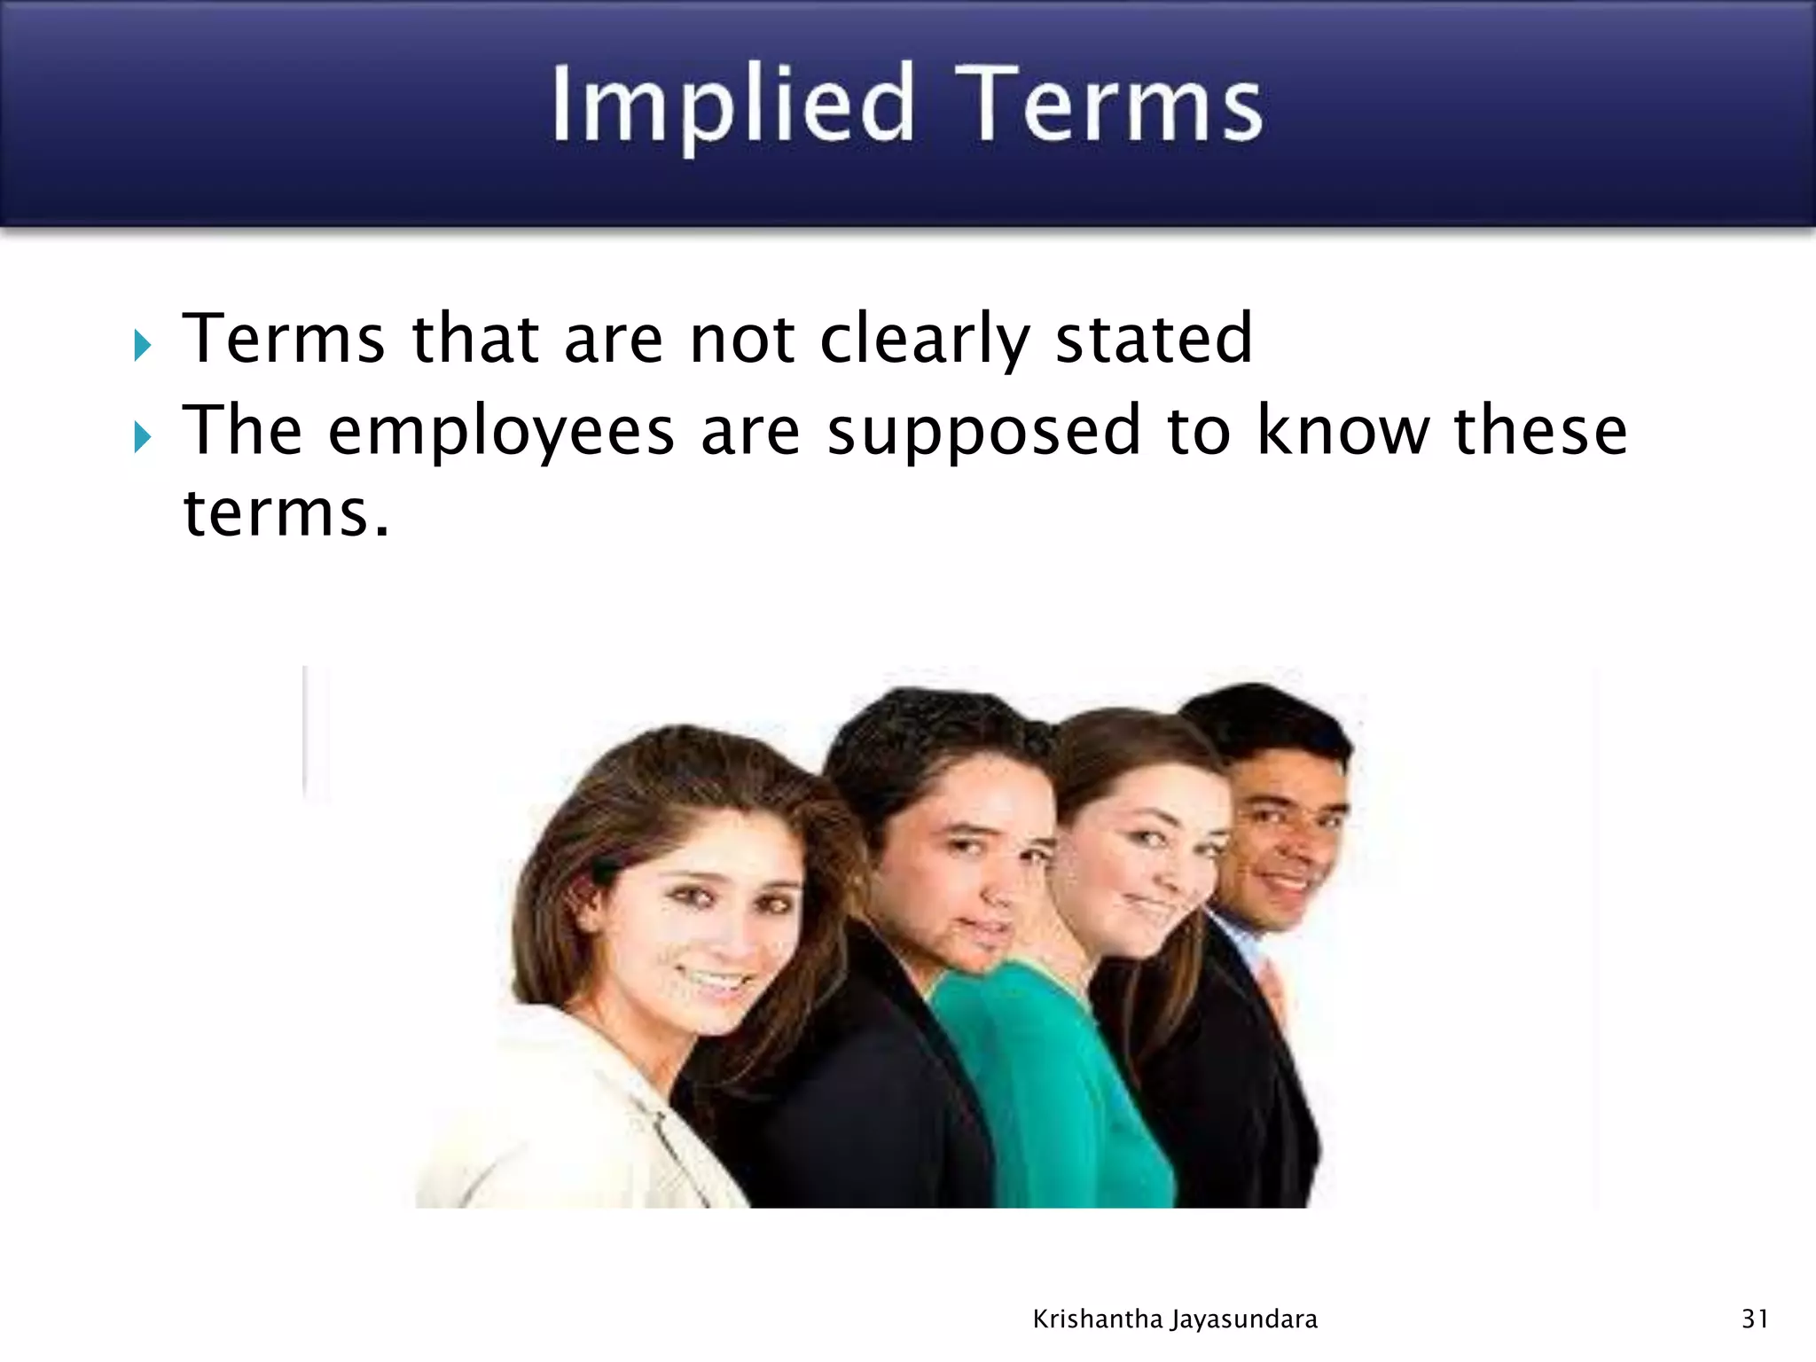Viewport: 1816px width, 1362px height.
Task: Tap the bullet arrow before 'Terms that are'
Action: pyautogui.click(x=143, y=345)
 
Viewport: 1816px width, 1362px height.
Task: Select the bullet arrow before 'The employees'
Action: pyautogui.click(x=143, y=436)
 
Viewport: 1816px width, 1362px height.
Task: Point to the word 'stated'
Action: pyautogui.click(x=1154, y=339)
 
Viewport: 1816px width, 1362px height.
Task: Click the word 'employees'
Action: pyautogui.click(x=501, y=432)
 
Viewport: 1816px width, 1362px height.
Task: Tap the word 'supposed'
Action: pyautogui.click(x=983, y=432)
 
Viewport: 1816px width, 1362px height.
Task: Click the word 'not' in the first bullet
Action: pyautogui.click(x=742, y=340)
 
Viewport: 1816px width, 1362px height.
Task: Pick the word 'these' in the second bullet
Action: pyautogui.click(x=1540, y=430)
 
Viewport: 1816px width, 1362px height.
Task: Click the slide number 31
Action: pyautogui.click(x=1755, y=1319)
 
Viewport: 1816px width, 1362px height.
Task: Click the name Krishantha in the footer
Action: pyautogui.click(x=1098, y=1319)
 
